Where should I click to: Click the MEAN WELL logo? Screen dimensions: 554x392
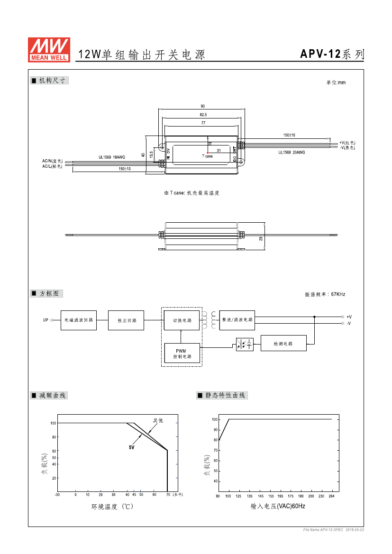coord(50,50)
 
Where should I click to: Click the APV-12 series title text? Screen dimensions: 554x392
coord(332,54)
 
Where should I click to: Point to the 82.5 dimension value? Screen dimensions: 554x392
coord(203,115)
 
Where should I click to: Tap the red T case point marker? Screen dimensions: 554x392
coord(208,153)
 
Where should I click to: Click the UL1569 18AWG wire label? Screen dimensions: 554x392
coord(112,157)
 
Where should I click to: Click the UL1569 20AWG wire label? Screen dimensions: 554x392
coord(292,152)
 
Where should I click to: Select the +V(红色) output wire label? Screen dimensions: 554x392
coord(347,143)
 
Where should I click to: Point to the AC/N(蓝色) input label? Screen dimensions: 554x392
coord(52,161)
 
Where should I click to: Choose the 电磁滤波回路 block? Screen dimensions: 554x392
coord(79,320)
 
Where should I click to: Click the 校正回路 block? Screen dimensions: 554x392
coord(126,320)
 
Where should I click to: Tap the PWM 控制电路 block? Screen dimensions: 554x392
coord(182,354)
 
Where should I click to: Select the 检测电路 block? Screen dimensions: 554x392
coord(283,344)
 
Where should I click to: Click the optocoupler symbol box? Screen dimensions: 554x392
coord(245,344)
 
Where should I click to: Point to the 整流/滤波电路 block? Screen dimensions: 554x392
coord(237,320)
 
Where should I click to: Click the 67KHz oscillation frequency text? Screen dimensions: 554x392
coord(325,294)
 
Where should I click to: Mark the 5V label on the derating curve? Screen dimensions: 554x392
coord(131,447)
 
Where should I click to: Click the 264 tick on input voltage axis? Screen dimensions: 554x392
coord(331,496)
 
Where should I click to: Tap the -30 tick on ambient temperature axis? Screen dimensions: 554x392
coord(57,495)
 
